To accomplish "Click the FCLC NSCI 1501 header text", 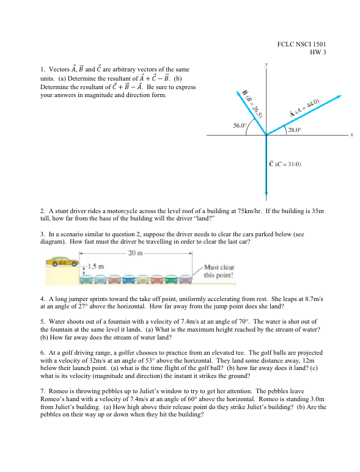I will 301,44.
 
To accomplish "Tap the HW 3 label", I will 318,52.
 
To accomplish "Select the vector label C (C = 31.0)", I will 292,164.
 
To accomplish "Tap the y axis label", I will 266,64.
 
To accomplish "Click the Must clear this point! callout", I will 219,270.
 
